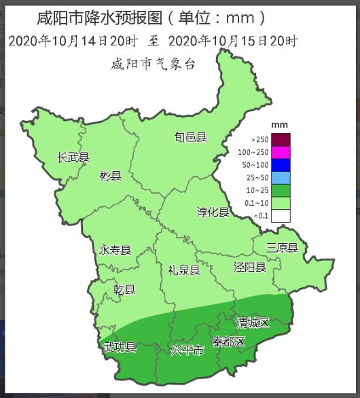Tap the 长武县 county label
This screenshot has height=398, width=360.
click(73, 158)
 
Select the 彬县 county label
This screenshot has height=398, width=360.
click(110, 177)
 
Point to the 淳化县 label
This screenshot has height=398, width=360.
click(213, 213)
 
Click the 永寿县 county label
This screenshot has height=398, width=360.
click(115, 250)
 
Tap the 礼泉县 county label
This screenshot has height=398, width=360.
click(184, 270)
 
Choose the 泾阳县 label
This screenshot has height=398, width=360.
click(249, 267)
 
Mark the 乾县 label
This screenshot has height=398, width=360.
click(125, 290)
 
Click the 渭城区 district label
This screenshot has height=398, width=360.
click(253, 323)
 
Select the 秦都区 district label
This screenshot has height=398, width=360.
click(228, 341)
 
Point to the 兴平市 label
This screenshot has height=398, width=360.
click(187, 350)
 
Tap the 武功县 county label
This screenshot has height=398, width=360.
click(120, 347)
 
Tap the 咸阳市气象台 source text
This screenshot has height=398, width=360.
click(153, 65)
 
